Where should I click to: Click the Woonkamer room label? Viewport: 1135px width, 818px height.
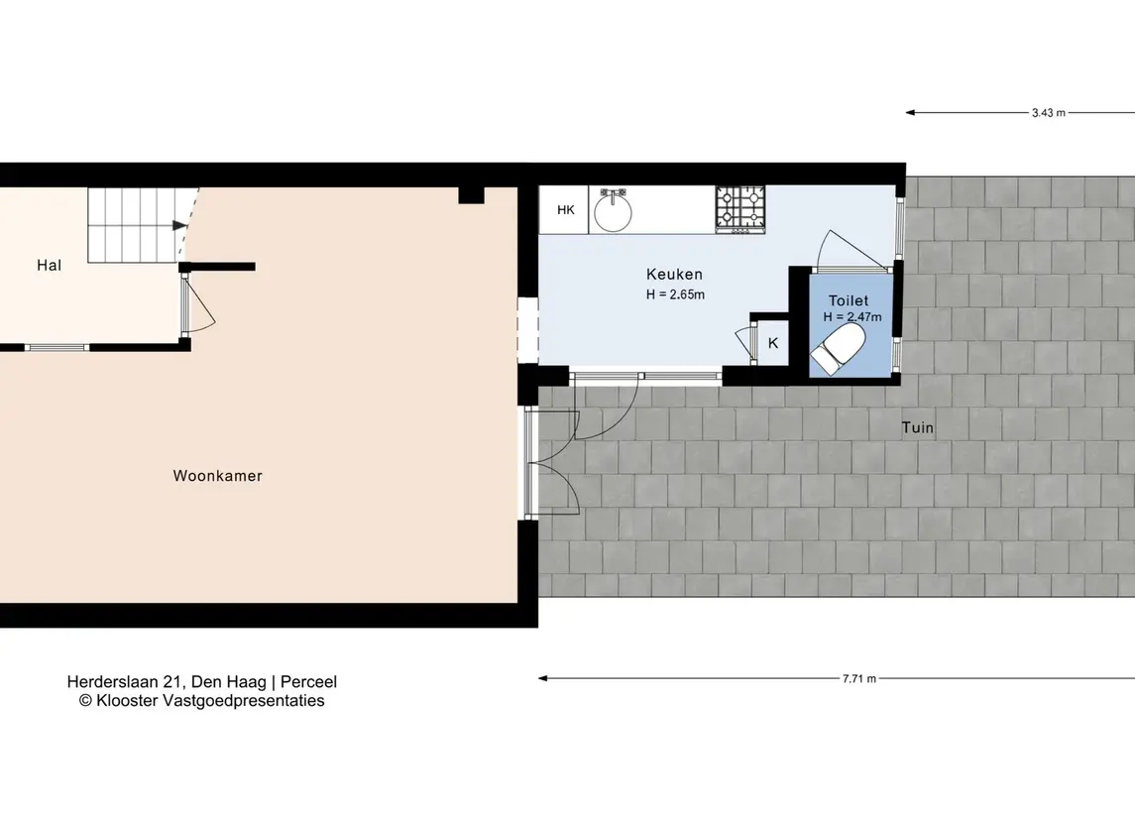click(217, 476)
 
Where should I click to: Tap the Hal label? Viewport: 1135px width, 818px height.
click(50, 266)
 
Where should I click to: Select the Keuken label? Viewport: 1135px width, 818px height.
click(675, 275)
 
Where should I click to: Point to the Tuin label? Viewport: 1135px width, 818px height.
click(918, 427)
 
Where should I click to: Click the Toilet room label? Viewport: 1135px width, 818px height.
click(849, 300)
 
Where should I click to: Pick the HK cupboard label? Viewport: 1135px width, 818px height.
click(566, 210)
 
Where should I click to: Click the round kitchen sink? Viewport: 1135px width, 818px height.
click(614, 211)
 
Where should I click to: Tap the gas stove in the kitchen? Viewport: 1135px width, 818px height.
click(740, 210)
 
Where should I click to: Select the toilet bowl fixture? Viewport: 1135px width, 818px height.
click(839, 349)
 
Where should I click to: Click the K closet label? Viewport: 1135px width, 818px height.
click(773, 343)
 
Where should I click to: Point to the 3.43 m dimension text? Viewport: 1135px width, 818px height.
click(1049, 113)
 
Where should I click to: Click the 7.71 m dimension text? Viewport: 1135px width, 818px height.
click(859, 679)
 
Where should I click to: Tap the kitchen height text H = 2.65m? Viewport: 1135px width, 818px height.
click(675, 294)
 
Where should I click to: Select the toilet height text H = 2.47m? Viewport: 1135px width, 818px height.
click(852, 317)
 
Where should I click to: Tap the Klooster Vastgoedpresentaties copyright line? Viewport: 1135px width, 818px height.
click(202, 701)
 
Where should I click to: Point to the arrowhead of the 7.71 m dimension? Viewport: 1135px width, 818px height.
click(542, 678)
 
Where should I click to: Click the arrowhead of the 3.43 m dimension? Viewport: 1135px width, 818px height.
click(910, 112)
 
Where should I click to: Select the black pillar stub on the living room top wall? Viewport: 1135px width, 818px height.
click(471, 194)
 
